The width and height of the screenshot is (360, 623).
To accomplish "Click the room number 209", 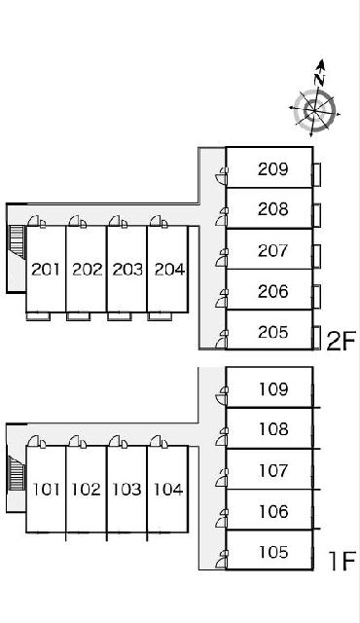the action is (272, 169).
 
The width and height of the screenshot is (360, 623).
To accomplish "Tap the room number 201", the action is (46, 270).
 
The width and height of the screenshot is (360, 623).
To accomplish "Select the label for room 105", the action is (273, 552).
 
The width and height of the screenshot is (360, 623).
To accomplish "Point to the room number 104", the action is (168, 489).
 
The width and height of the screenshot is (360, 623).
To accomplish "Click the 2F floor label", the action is (341, 341).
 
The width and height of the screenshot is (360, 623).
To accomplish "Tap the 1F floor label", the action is (341, 561).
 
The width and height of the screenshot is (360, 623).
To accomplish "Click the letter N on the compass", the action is (319, 80).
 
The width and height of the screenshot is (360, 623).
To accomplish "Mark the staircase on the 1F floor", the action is (17, 474).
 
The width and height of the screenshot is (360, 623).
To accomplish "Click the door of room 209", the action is (222, 176).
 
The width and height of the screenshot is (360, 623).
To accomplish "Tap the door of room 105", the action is (222, 560).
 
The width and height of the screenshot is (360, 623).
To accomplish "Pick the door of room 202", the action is (78, 221).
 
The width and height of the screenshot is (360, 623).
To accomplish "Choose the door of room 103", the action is (119, 441).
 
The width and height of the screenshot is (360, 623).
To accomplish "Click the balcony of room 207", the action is (317, 255).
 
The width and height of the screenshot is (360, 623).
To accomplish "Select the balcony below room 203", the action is (119, 316).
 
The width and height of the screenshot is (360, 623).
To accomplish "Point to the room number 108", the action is (273, 429).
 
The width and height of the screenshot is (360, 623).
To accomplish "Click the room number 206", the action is (272, 292).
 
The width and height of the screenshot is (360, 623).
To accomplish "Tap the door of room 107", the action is (222, 478).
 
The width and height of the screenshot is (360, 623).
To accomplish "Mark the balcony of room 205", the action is (317, 337).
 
